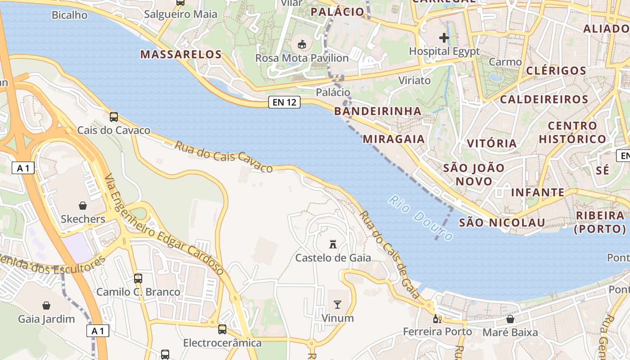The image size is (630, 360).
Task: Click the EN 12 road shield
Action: pos(284,102)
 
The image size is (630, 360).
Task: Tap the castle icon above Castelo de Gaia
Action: pos(333,244)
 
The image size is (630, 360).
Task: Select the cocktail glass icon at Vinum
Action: pos(337,305)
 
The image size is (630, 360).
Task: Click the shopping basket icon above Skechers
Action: pos(83,206)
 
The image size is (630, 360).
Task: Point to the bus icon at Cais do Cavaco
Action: pos(114,117)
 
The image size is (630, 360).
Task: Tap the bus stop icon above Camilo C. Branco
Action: pos(138,279)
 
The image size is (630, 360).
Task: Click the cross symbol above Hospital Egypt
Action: pos(444,38)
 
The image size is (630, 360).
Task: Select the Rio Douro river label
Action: pos(421,218)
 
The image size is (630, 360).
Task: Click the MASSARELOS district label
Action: pos(181,55)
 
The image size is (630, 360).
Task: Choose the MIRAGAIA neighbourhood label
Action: pos(394,139)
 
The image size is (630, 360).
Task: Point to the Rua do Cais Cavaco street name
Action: pos(224,157)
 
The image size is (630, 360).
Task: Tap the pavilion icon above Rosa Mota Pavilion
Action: pos(302,45)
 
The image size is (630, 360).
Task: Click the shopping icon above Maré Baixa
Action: pos(510,319)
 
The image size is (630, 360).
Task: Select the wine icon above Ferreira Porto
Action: pos(437,319)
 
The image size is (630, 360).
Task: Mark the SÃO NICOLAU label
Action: pos(502,223)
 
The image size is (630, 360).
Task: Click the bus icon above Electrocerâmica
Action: pos(222,329)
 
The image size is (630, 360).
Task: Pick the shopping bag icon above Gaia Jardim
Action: pos(46,306)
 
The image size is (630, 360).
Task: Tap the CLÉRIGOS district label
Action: pos(556,71)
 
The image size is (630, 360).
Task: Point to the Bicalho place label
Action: pos(70,15)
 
